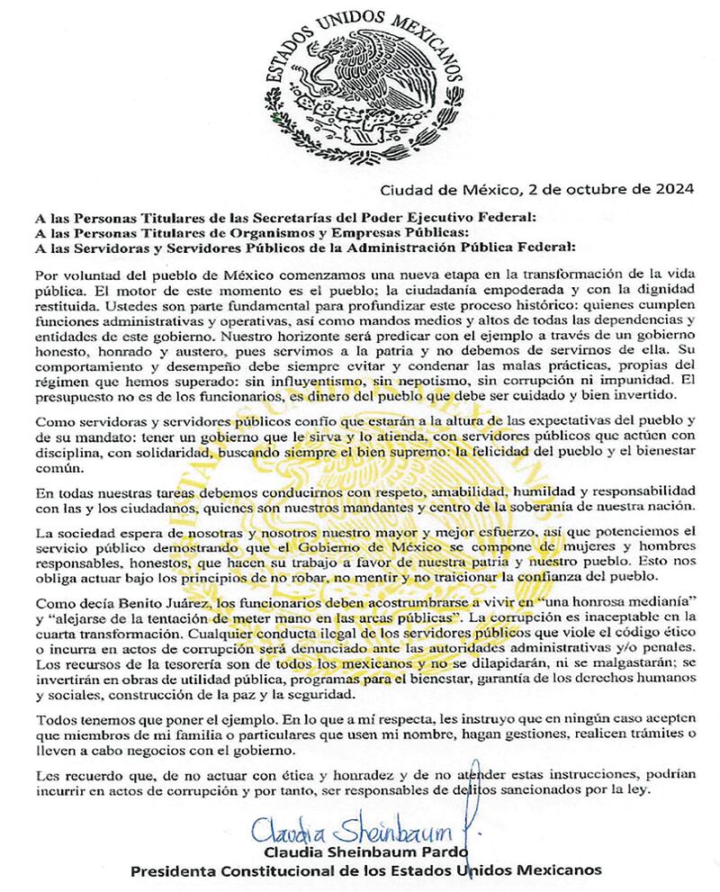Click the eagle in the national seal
pos(364,86)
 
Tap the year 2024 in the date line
pos(673,189)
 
